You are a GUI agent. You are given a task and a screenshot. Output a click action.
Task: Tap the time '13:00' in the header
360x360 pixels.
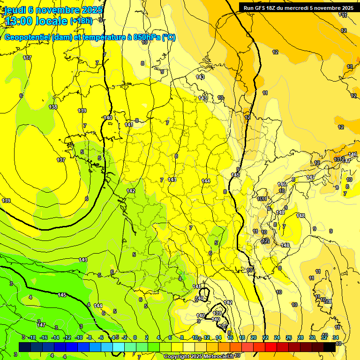click(19, 21)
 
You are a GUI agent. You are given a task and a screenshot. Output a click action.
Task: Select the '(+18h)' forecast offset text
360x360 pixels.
click(81, 21)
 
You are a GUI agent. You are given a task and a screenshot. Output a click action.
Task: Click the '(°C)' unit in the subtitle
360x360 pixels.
click(169, 37)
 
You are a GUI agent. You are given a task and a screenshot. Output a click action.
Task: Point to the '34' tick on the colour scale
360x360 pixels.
click(336, 337)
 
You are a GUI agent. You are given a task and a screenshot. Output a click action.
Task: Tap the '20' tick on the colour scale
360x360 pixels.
click(254, 337)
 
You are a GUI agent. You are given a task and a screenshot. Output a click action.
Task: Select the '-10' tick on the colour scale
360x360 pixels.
click(78, 337)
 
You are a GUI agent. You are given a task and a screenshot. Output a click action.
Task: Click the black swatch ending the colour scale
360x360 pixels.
click(330, 347)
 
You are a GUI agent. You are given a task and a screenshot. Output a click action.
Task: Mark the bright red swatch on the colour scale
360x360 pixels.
click(271, 347)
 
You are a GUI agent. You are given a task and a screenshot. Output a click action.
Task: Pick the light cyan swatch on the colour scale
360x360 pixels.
click(119, 347)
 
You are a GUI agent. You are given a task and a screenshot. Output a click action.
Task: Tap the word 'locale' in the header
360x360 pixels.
click(51, 21)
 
